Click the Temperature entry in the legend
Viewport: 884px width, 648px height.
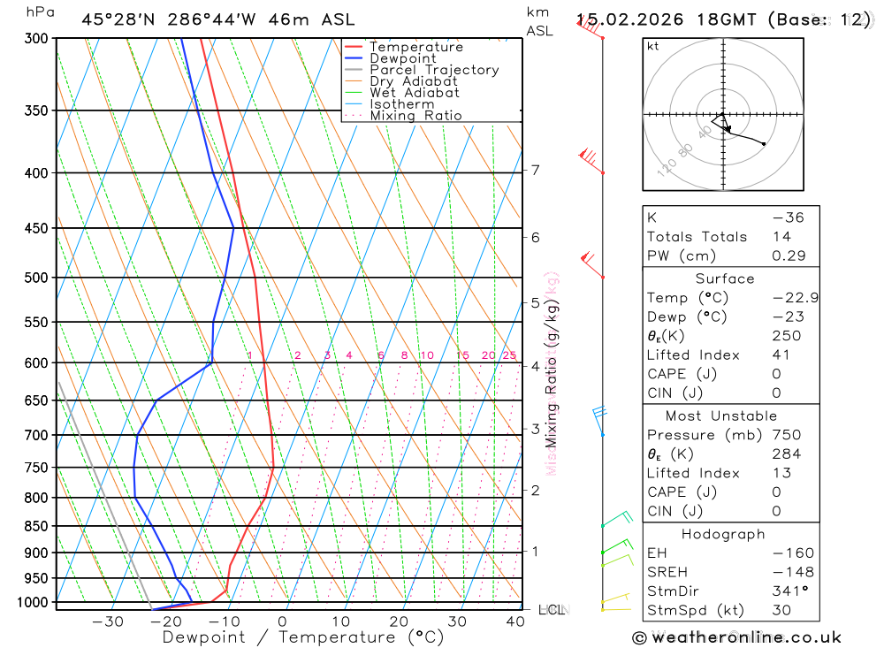tap(415, 47)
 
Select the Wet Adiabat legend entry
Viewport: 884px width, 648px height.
tap(414, 93)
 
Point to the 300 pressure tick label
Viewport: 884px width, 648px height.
tap(36, 39)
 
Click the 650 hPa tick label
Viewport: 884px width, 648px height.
tap(36, 400)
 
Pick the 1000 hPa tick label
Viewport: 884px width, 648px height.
tap(33, 602)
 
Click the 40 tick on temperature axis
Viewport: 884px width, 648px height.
tap(515, 621)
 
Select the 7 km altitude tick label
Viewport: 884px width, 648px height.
tap(536, 170)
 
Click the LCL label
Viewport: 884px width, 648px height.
tap(550, 610)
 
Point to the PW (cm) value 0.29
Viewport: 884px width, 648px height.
tap(789, 255)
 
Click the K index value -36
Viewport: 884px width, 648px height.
tap(788, 217)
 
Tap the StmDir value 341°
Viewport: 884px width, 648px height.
tap(789, 591)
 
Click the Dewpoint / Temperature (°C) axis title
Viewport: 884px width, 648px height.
tap(291, 637)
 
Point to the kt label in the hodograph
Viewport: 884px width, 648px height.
tap(653, 46)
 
